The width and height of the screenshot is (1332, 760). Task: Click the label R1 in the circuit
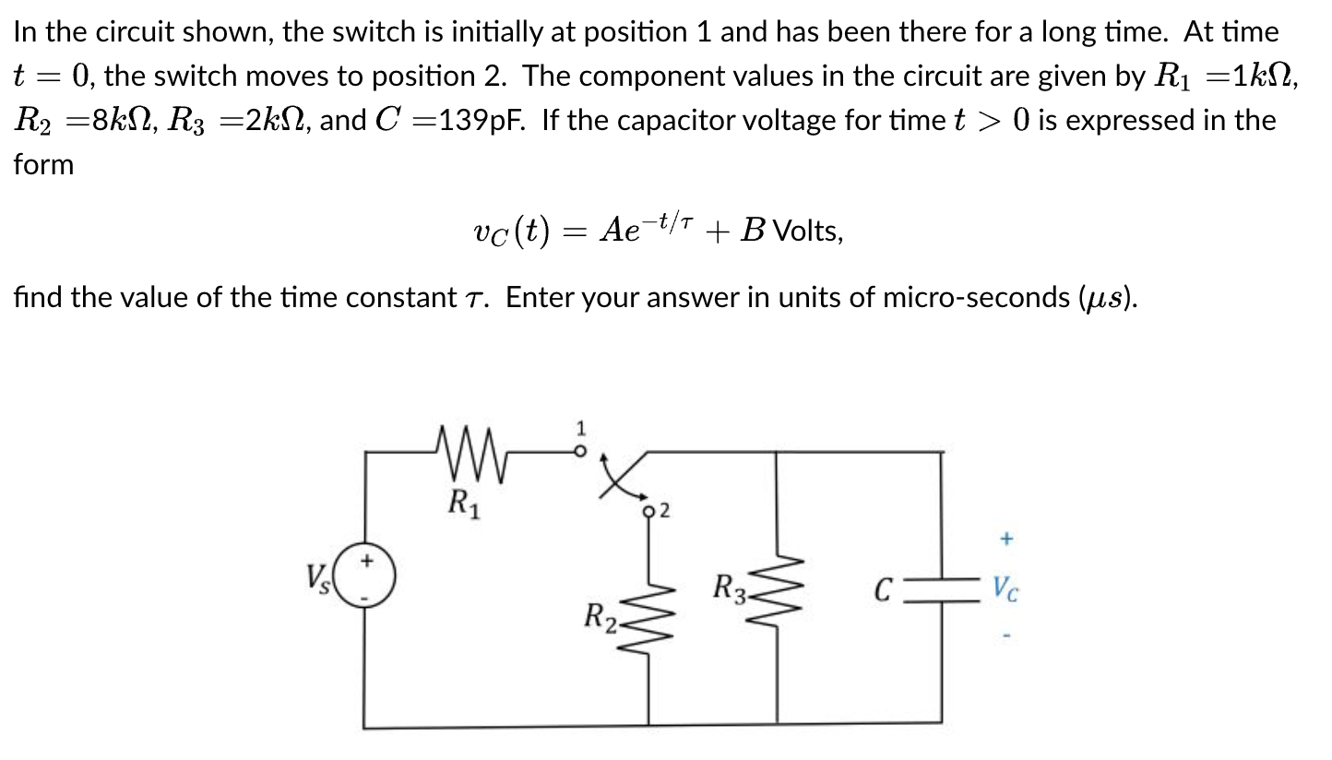461,503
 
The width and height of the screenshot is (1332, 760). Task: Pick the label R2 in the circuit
601,615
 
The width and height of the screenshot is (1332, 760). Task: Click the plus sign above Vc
1006,536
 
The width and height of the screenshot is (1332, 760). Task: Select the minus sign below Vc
1006,636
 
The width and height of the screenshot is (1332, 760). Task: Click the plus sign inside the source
367,559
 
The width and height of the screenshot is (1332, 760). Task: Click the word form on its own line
43,165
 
